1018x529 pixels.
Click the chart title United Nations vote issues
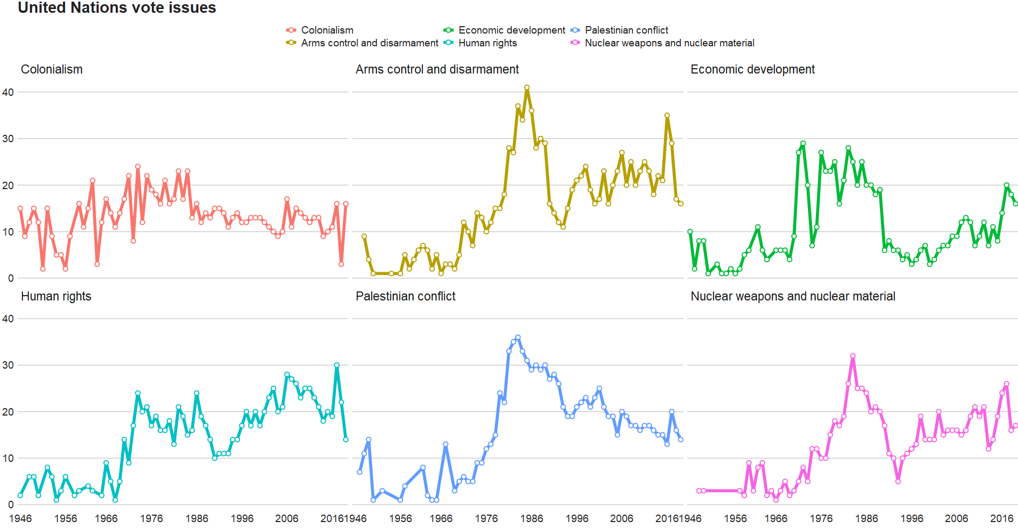coord(117,8)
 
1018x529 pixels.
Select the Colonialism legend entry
coord(327,30)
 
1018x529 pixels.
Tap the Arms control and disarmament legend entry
coord(369,43)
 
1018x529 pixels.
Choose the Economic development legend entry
coord(511,30)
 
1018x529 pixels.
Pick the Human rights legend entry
coord(487,43)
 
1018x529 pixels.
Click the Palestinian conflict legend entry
coord(626,30)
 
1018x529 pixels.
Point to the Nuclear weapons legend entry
coord(669,43)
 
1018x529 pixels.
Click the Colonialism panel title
coord(52,69)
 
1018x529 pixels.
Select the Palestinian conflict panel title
coord(405,296)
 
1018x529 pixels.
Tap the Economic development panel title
coord(752,69)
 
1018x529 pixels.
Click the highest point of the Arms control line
coord(527,87)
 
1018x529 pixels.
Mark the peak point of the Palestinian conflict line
coord(518,337)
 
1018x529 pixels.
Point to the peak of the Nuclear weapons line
coord(853,356)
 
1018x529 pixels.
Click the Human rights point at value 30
coord(336,365)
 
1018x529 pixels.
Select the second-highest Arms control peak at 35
coord(667,115)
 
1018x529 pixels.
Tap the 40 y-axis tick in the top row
coord(8,92)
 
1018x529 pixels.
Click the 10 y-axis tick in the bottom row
coord(8,458)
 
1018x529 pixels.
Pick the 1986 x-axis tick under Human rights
coord(197,518)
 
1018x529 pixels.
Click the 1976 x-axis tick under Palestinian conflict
coord(486,518)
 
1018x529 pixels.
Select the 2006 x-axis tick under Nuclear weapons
coord(957,518)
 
